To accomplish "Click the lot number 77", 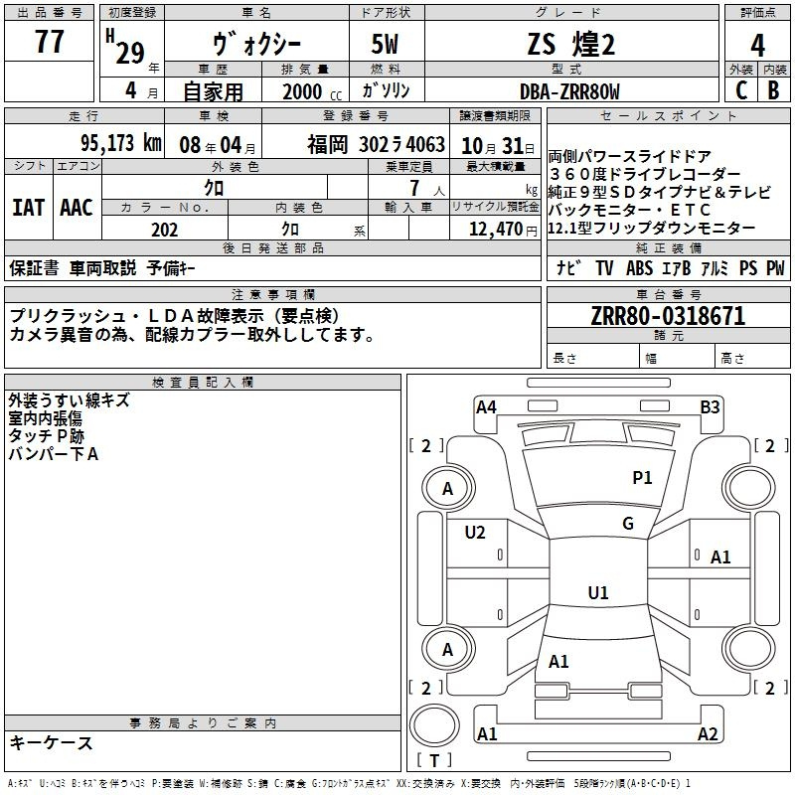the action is [x=49, y=43].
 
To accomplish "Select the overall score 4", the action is [x=758, y=45].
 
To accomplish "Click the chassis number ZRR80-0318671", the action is [x=668, y=317].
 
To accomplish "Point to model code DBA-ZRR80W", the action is [x=569, y=91].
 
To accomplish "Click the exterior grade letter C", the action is [x=740, y=90].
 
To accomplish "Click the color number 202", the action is [x=164, y=230].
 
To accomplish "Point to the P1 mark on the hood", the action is [x=643, y=478].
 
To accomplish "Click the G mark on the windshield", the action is [x=628, y=524].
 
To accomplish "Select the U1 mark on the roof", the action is [x=598, y=593].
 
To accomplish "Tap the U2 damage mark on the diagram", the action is [x=475, y=533].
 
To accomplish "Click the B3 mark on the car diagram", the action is [x=710, y=406].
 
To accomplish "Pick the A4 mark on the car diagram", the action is [x=486, y=406].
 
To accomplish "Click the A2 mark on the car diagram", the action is [x=708, y=734].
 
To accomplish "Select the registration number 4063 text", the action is [x=424, y=144].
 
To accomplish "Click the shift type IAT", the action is [x=28, y=208].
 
